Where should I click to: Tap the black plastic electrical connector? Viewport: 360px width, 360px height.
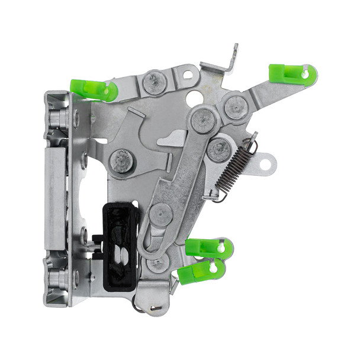pyautogui.click(x=121, y=247)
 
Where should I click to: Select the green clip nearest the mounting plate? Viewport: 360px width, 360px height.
pyautogui.click(x=94, y=89)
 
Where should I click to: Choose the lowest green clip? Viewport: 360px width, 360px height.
pyautogui.click(x=201, y=271)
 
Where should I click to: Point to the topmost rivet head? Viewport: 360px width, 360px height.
pyautogui.click(x=155, y=82)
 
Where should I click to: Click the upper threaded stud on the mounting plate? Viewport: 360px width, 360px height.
pyautogui.click(x=60, y=118)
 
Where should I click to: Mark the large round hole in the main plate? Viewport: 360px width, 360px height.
pyautogui.click(x=194, y=98)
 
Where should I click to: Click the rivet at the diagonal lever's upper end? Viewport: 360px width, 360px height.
pyautogui.click(x=203, y=120)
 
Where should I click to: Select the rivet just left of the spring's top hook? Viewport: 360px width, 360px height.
pyautogui.click(x=219, y=149)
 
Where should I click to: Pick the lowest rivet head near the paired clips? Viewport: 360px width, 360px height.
pyautogui.click(x=158, y=262)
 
